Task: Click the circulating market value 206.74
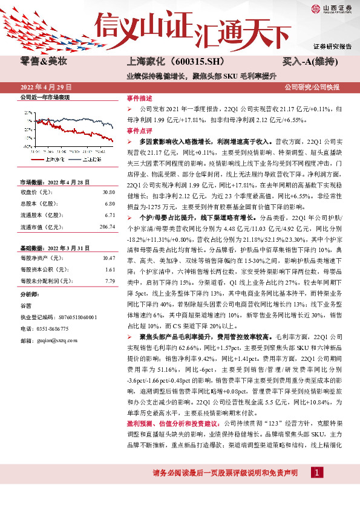pyautogui.click(x=106, y=227)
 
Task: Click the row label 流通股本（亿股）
pyautogui.click(x=41, y=215)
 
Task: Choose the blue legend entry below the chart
pyautogui.click(x=90, y=161)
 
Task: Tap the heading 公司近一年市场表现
pyautogui.click(x=45, y=97)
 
